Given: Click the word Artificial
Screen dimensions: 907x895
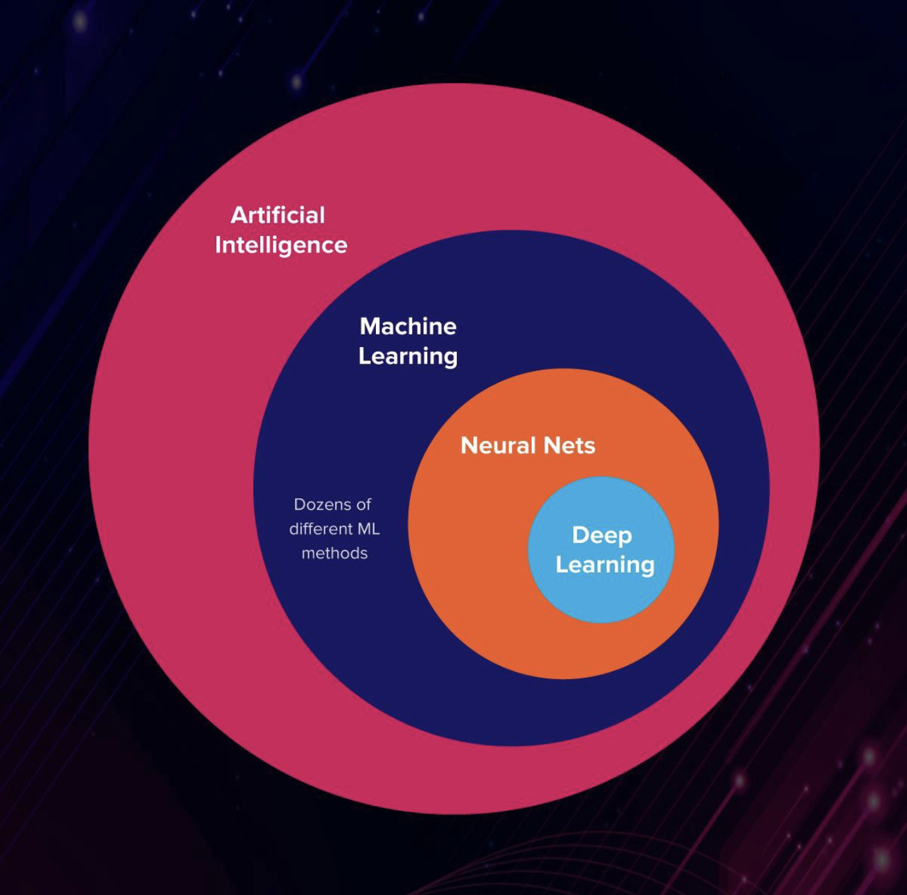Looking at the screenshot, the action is point(278,215).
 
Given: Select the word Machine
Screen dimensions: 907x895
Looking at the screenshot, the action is point(408,326).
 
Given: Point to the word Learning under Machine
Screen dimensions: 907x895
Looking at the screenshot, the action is point(408,357).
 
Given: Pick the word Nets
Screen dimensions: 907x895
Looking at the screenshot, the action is point(569,446).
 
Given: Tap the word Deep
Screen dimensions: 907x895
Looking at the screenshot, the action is point(602,536).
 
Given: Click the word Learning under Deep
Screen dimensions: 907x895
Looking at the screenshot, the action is point(605,565).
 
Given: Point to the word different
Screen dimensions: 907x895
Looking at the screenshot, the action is point(321,529).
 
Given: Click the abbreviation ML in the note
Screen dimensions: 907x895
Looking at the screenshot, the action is point(369,529).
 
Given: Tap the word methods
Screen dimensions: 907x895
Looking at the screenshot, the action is point(334,553).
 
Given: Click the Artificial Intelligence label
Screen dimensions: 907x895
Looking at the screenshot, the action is point(281,231).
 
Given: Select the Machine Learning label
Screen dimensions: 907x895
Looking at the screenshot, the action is point(408,342).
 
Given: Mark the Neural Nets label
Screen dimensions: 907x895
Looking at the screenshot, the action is point(528,445).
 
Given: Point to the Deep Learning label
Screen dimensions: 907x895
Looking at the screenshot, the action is point(605,551).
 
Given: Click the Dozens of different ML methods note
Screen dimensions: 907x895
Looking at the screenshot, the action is point(334,528).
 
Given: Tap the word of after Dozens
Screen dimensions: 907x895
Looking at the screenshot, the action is point(364,505).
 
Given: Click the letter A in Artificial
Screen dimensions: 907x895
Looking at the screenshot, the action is point(239,215).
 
